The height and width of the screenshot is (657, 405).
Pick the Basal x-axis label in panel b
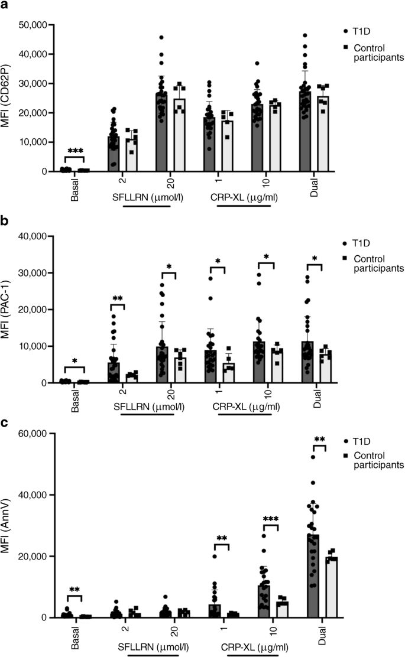[x=74, y=400]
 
